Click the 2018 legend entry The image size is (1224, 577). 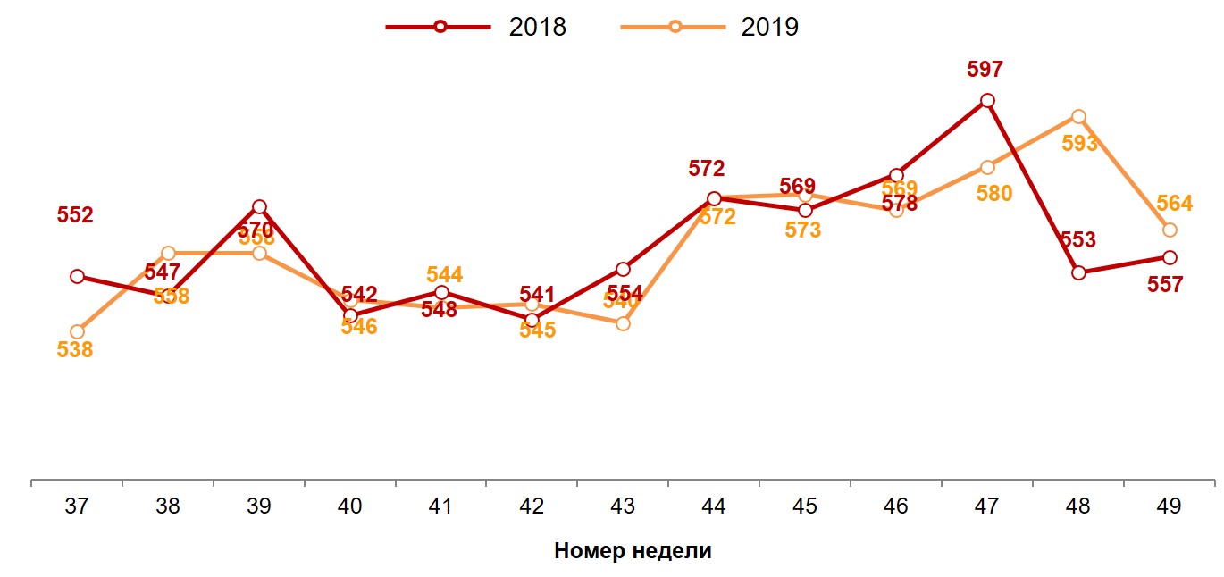pyautogui.click(x=476, y=27)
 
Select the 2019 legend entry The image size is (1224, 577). pyautogui.click(x=710, y=27)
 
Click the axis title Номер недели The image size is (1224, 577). pyautogui.click(x=633, y=550)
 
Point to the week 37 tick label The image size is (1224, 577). pyautogui.click(x=77, y=506)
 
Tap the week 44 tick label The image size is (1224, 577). pyautogui.click(x=713, y=506)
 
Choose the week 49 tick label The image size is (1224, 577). pyautogui.click(x=1169, y=506)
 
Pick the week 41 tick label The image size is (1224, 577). pyautogui.click(x=440, y=506)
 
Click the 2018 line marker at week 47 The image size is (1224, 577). pyautogui.click(x=986, y=101)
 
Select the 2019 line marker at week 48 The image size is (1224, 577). pyautogui.click(x=1078, y=117)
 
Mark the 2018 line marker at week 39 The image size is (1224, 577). pyautogui.click(x=259, y=207)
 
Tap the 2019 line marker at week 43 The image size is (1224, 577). pyautogui.click(x=623, y=323)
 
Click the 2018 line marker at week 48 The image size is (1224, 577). pyautogui.click(x=1078, y=272)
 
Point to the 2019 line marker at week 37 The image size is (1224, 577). pyautogui.click(x=77, y=331)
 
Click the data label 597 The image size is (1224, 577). pyautogui.click(x=985, y=70)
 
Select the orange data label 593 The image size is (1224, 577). pyautogui.click(x=1079, y=144)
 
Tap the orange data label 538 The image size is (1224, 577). pyautogui.click(x=75, y=350)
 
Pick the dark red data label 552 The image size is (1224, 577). pyautogui.click(x=75, y=215)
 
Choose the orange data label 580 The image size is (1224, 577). pyautogui.click(x=994, y=193)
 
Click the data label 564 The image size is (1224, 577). pyautogui.click(x=1174, y=204)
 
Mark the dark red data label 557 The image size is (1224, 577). pyautogui.click(x=1165, y=285)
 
